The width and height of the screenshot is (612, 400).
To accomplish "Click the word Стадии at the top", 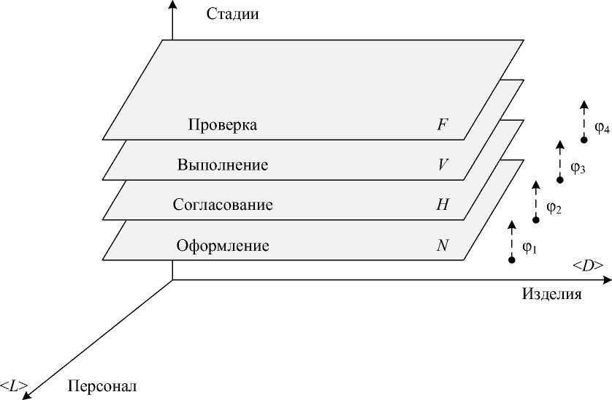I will (233, 14).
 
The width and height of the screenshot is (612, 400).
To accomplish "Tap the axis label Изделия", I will (551, 294).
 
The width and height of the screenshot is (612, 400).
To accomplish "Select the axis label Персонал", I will (102, 385).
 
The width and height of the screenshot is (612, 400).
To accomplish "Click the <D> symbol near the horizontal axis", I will (588, 265).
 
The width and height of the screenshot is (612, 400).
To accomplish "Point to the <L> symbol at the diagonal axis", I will (14, 383).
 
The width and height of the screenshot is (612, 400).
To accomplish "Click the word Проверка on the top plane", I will (223, 125).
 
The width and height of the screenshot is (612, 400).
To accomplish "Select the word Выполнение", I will (223, 165).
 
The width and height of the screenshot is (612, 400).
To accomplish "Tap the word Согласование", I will (223, 205).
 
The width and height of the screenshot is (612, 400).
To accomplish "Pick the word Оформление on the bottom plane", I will (223, 246).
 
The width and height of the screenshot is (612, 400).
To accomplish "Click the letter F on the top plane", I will (442, 125).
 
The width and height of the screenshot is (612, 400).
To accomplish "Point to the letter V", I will (443, 165).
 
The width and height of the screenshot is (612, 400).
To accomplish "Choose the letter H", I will (443, 205).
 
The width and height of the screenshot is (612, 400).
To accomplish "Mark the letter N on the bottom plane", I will (443, 246).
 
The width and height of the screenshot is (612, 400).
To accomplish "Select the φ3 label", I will (578, 168).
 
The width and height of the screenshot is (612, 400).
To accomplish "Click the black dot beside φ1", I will (511, 260).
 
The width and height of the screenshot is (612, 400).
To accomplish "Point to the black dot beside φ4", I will (584, 140).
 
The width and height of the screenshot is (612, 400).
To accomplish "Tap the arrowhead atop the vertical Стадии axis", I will (172, 5).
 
